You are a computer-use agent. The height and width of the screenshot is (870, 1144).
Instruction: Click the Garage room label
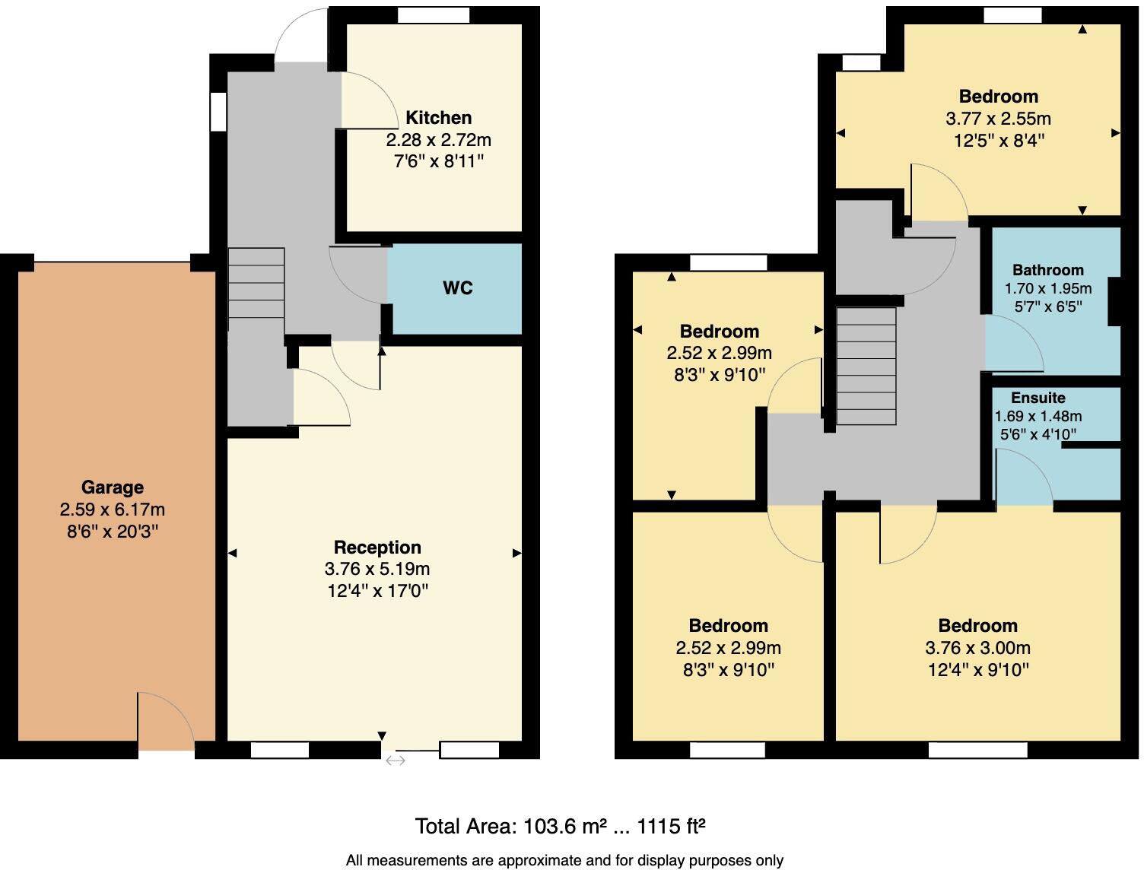112,487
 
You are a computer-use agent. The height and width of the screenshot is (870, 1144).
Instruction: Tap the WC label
457,288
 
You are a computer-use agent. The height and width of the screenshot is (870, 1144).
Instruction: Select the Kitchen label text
438,118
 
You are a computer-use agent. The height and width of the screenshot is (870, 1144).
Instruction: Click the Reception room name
377,548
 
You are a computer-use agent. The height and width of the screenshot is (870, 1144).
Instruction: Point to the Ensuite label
1038,398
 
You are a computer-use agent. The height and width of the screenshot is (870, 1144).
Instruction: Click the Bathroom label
1047,270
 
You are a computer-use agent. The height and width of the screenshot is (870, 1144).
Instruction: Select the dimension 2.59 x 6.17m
112,510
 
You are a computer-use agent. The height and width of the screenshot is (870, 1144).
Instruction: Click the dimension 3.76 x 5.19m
377,569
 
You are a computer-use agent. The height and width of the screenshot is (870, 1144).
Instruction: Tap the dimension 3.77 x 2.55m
998,119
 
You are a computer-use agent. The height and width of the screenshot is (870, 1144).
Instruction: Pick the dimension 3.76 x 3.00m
977,648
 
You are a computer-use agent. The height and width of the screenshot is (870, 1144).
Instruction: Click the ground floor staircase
256,283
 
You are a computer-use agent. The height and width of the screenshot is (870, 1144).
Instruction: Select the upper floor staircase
866,366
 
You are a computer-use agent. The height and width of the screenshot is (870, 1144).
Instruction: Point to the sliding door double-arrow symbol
396,760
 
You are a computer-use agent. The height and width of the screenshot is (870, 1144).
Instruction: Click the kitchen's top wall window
433,15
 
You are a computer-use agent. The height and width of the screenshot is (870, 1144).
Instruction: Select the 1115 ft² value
671,826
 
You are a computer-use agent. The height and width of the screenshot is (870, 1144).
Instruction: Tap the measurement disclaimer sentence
564,860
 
